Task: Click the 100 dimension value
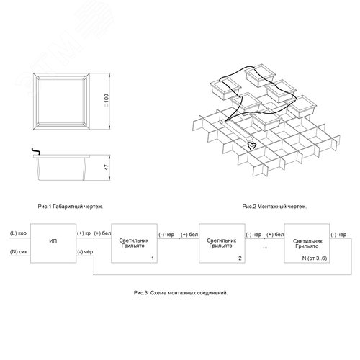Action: [x=107, y=101]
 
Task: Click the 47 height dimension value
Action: [x=107, y=167]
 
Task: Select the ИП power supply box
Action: [x=53, y=243]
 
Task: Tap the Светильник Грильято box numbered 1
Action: [x=134, y=243]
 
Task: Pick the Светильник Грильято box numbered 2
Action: [x=222, y=243]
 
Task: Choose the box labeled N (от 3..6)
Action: [x=307, y=243]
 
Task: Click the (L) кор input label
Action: [x=18, y=233]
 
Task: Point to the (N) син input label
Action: [x=19, y=252]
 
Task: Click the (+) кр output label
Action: [x=84, y=233]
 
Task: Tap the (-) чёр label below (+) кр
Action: [x=85, y=252]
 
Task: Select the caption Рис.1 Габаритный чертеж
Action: [x=71, y=207]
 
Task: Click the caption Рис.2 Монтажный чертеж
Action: [x=274, y=207]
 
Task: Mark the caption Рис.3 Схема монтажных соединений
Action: [x=181, y=293]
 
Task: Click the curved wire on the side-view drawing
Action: [x=36, y=150]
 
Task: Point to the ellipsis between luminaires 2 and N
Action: [x=265, y=248]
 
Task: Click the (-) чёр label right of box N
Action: [x=338, y=235]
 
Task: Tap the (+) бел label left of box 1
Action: [x=102, y=233]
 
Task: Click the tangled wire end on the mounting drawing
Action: [x=252, y=145]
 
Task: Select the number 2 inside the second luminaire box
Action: [x=240, y=258]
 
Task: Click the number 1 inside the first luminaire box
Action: [x=153, y=258]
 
